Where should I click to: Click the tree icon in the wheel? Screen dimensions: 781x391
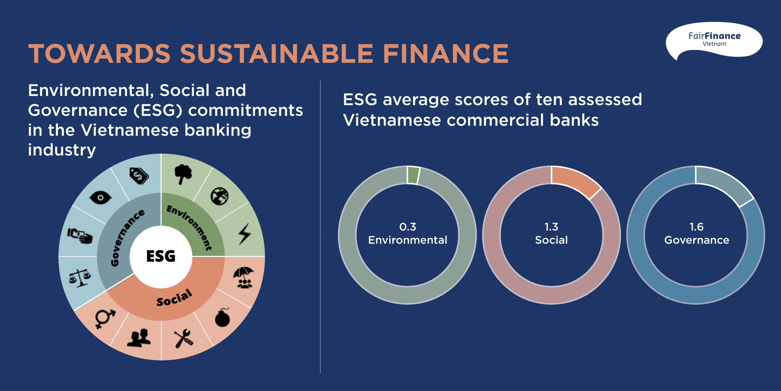183,174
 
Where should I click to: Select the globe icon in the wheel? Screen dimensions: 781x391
219,196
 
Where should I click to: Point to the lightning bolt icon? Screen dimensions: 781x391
245,234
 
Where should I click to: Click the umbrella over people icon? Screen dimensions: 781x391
244,278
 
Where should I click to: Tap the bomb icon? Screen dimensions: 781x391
222,318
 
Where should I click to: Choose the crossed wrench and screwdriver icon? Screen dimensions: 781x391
183,338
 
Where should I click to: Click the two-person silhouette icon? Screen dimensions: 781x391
139,338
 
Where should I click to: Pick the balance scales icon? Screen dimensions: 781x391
80,278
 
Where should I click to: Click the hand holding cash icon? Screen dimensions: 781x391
80,236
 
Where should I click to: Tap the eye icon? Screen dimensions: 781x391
100,198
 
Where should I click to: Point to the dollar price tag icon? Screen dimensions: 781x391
139,176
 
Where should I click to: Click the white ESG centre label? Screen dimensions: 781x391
161,256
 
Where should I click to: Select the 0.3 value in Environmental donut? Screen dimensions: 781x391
408,227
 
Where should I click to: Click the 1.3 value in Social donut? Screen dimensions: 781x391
551,227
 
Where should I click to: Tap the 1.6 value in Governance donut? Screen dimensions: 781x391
696,227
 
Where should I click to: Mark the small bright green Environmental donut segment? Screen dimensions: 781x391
413,175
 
